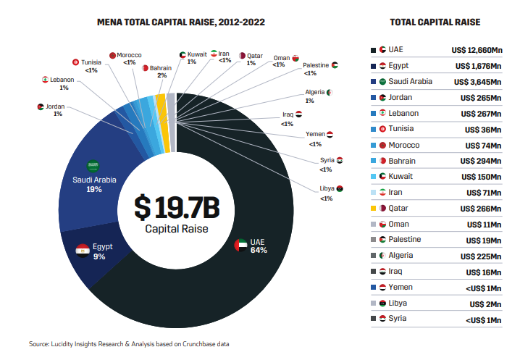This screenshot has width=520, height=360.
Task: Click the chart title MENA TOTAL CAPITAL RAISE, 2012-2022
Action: [180, 22]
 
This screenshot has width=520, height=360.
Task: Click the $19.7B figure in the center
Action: [176, 207]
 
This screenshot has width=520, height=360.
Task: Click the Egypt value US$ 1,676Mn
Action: [476, 66]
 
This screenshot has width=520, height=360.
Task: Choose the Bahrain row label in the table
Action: [405, 161]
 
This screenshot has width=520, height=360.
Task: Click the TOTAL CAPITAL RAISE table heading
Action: [435, 22]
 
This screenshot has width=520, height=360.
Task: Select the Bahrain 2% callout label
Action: [161, 72]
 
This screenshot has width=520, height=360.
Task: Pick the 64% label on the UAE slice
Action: [259, 251]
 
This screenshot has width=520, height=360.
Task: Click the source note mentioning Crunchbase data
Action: [129, 343]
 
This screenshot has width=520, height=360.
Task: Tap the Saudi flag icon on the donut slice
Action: [93, 166]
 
